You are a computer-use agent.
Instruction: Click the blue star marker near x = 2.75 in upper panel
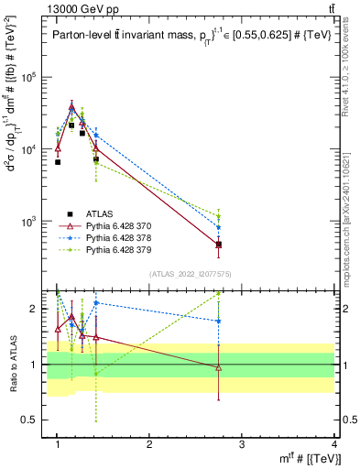click(x=219, y=227)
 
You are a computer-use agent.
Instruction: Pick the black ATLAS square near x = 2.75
click(x=219, y=245)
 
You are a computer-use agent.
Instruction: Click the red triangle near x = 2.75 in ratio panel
click(x=219, y=367)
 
